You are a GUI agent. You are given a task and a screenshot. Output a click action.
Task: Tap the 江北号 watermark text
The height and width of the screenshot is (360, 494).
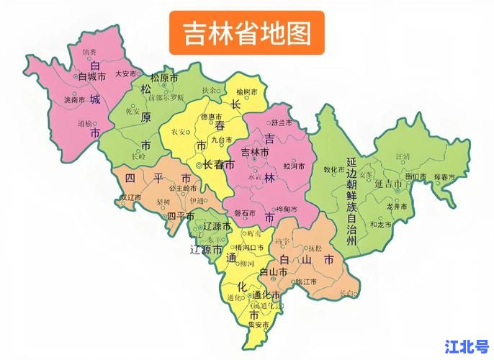click(x=467, y=346)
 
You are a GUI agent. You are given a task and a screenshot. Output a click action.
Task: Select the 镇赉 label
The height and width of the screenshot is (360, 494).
click(x=89, y=52)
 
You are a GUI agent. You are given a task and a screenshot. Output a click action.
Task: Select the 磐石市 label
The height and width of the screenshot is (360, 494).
click(x=245, y=214)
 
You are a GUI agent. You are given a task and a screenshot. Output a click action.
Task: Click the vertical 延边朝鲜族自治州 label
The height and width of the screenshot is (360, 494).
click(x=351, y=202)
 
